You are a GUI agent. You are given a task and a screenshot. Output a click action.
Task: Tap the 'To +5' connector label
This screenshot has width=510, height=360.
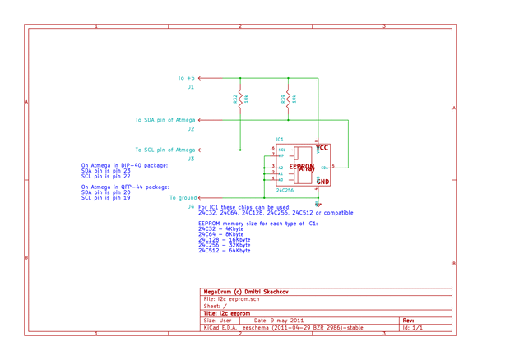(x=187, y=79)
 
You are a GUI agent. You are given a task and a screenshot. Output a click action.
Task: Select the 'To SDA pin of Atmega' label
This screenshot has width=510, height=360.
(x=165, y=120)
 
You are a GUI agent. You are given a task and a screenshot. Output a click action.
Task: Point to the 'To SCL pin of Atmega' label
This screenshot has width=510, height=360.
(x=165, y=150)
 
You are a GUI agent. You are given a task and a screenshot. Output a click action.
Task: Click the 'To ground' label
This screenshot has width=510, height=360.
(x=183, y=198)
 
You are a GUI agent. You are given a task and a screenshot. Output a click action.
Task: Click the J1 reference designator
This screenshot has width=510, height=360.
(x=191, y=87)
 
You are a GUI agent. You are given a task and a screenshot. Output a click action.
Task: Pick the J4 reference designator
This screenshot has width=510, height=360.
(x=191, y=207)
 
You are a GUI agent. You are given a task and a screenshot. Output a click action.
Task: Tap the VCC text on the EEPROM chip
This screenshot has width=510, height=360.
(x=322, y=149)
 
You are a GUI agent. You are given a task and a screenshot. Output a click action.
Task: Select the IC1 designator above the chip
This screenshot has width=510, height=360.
(x=280, y=140)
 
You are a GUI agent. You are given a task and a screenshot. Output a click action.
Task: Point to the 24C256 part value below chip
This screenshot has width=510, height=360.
(x=285, y=190)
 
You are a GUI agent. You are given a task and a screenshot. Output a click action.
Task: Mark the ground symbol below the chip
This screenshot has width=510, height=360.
(x=318, y=204)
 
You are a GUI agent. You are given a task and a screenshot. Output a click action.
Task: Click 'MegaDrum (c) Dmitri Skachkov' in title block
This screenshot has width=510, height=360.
(x=244, y=292)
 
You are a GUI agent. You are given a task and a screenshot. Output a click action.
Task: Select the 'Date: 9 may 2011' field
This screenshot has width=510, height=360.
(x=280, y=321)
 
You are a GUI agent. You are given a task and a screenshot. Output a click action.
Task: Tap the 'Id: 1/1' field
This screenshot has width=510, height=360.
(x=412, y=328)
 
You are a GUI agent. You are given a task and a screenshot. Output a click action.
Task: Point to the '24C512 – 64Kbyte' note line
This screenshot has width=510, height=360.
(x=225, y=251)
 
